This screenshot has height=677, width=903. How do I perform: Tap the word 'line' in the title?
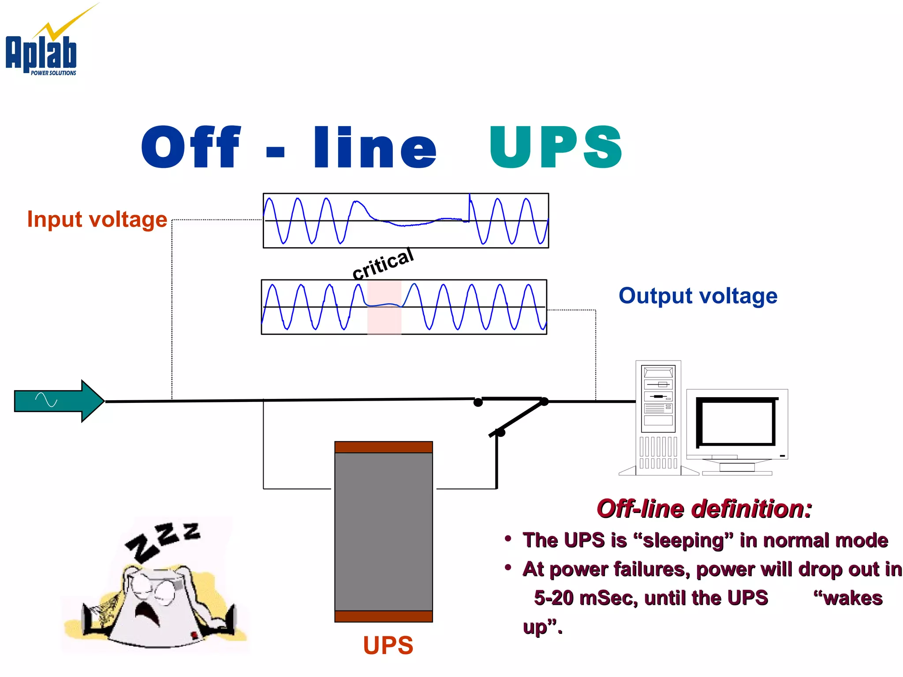tap(375, 148)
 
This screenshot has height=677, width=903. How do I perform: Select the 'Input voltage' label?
tap(97, 219)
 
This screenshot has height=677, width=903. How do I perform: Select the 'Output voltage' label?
tap(698, 296)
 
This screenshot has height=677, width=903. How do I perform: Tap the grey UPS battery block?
tap(383, 531)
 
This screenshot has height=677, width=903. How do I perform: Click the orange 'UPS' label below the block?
tap(388, 645)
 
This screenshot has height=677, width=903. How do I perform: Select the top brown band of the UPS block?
tap(383, 447)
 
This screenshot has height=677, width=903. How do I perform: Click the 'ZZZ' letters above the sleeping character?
tap(163, 540)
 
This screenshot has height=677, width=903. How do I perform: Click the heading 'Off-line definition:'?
tap(704, 509)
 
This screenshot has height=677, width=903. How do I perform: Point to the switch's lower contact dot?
tap(500, 432)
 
